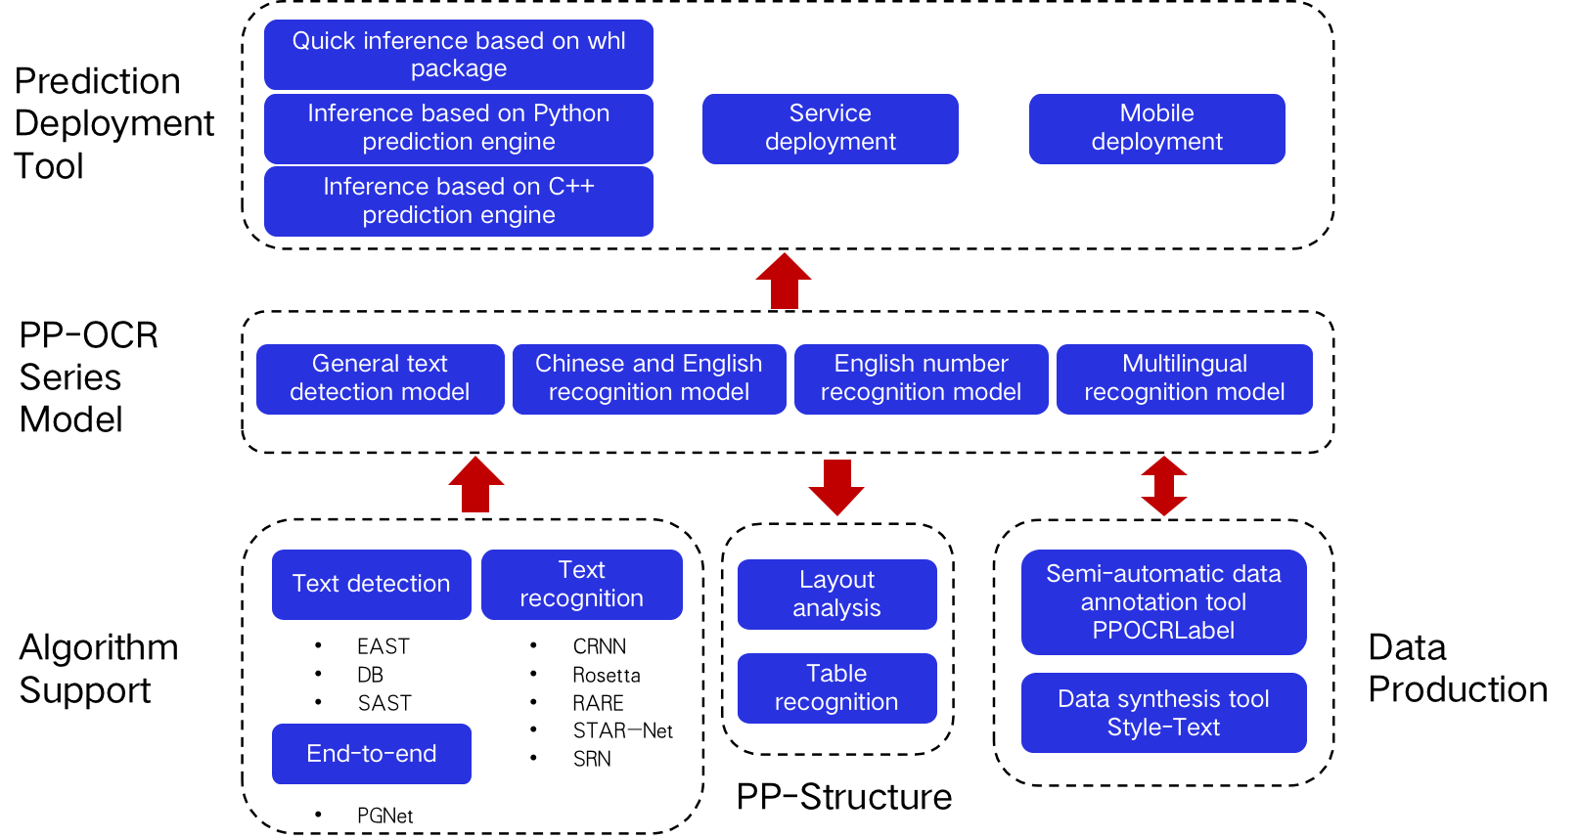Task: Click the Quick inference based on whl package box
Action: pos(458,55)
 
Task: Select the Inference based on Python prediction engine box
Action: pos(458,128)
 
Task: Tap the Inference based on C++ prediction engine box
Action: pos(458,200)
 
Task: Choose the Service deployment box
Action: pos(830,128)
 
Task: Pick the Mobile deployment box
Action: pos(1156,128)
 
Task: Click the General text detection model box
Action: pos(380,378)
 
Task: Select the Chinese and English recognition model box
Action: pos(649,378)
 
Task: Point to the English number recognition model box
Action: pos(921,378)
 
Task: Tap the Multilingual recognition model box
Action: pos(1184,378)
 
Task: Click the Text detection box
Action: pos(371,584)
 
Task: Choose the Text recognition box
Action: pos(581,584)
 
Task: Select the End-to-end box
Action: pos(371,754)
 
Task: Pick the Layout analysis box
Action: pos(836,594)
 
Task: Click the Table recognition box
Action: pos(836,687)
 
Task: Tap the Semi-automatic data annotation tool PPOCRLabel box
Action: pos(1163,601)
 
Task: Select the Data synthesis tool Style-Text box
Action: pos(1163,713)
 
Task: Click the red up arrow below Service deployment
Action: pos(784,282)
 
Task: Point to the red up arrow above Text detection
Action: pos(475,485)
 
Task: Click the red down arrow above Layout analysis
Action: pos(836,487)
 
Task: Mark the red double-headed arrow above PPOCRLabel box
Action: pos(1163,486)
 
